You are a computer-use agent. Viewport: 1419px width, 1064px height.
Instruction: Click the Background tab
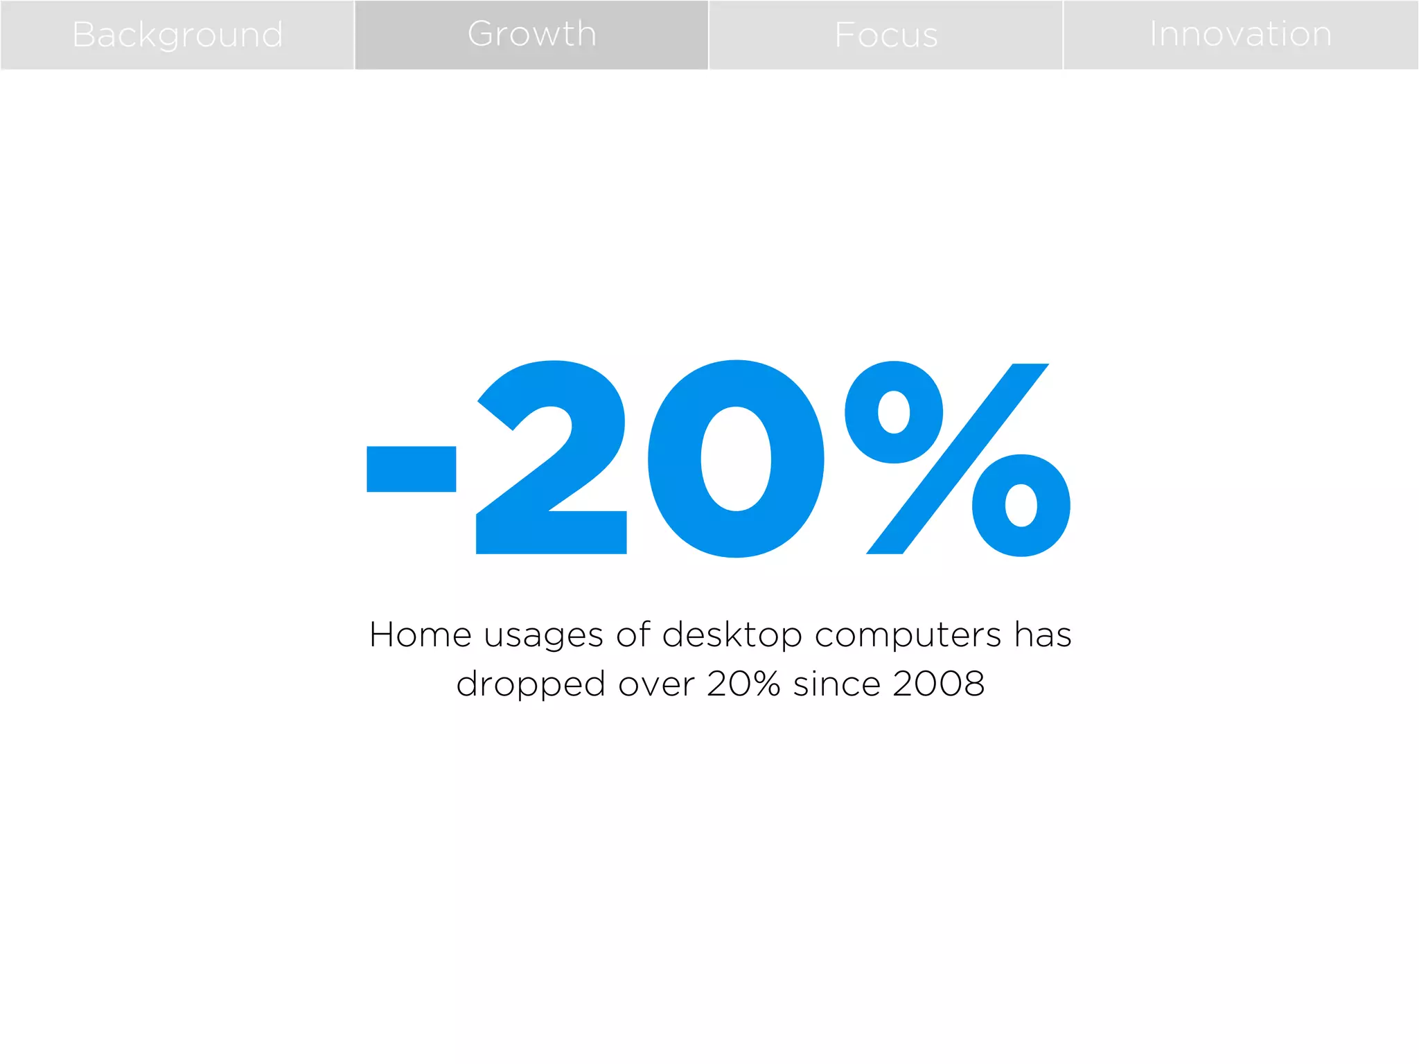177,35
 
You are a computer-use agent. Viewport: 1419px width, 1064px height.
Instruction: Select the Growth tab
531,35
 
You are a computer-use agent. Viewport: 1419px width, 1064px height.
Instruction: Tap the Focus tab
886,35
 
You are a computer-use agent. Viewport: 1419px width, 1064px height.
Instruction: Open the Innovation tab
1240,35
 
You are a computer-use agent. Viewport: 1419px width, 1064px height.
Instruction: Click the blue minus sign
411,469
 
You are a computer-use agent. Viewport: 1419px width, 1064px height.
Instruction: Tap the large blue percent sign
958,459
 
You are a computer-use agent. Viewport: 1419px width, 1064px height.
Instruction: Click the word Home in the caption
421,635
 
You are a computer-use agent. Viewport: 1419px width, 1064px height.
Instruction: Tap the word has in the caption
1043,635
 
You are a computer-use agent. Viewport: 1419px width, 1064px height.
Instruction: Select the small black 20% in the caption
743,684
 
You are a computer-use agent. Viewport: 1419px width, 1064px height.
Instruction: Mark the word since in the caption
836,684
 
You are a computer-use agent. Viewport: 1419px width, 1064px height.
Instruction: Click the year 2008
938,684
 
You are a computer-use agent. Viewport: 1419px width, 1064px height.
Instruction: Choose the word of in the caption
633,635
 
